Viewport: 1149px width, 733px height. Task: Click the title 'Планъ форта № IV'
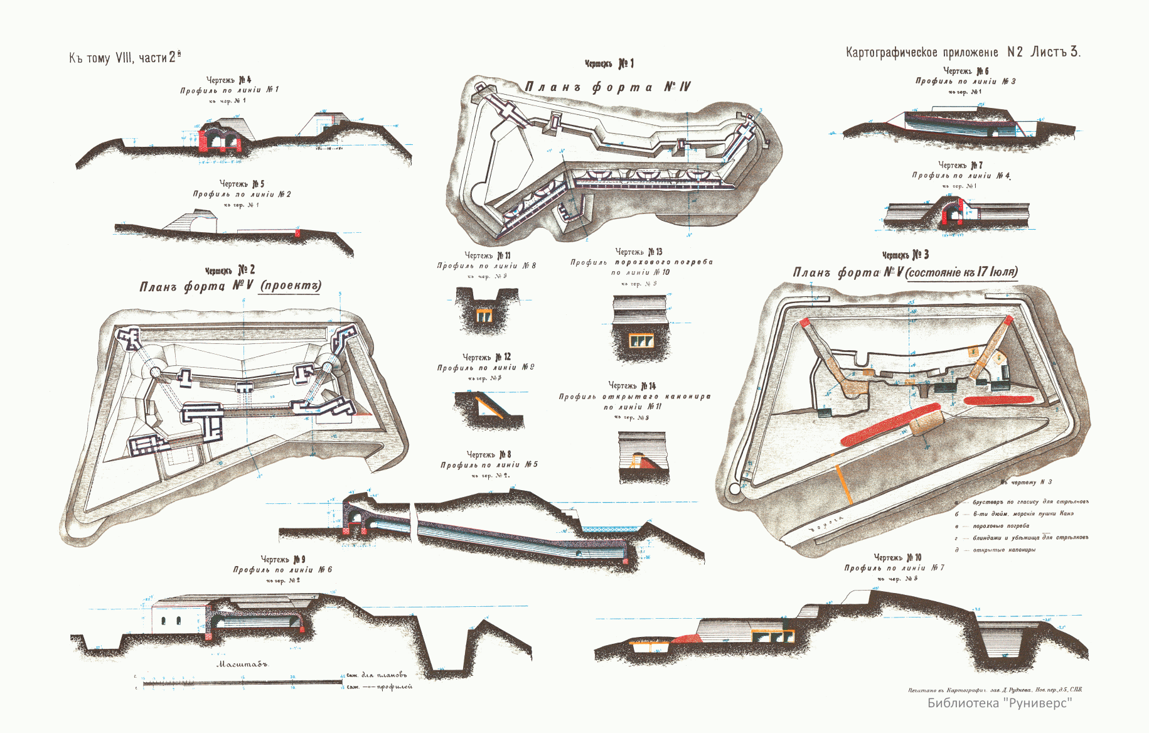click(607, 87)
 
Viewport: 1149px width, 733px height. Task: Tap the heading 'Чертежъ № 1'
click(609, 63)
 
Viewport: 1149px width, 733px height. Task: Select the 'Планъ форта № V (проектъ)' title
click(230, 286)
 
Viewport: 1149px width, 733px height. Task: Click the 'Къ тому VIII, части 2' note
click(125, 58)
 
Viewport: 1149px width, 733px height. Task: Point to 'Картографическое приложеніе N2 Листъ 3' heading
click(963, 52)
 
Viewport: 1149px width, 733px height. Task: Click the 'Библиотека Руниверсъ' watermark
click(1000, 703)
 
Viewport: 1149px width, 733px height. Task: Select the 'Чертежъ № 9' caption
click(283, 559)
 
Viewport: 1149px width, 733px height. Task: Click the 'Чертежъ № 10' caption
click(897, 557)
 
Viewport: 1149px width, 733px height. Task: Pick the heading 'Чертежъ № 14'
click(632, 385)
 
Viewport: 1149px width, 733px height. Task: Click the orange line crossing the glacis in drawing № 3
click(843, 484)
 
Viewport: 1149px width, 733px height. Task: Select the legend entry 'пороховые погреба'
click(1001, 526)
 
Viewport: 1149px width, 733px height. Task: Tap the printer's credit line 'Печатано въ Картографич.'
click(995, 690)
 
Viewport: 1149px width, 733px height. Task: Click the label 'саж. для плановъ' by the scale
click(377, 675)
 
